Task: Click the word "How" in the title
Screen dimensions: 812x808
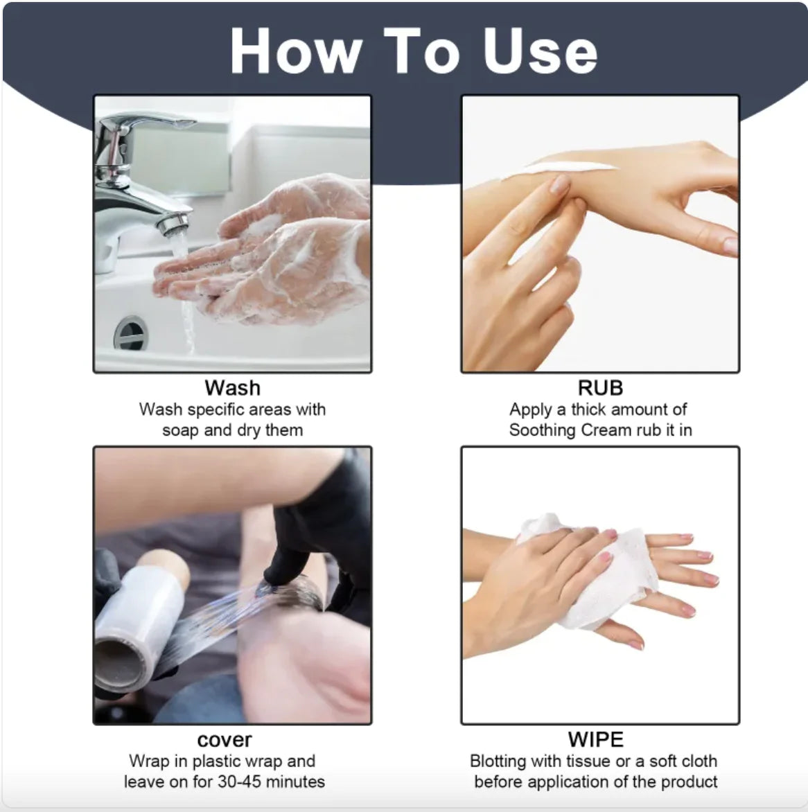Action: click(x=295, y=51)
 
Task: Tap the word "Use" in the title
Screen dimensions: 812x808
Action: click(x=541, y=51)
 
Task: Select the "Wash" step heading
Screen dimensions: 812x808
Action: click(x=232, y=387)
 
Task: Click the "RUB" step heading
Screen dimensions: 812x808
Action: click(x=600, y=387)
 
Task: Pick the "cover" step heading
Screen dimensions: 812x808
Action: click(x=224, y=739)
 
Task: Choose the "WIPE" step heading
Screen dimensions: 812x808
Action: click(x=595, y=739)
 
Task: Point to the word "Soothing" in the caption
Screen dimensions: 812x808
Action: click(x=542, y=430)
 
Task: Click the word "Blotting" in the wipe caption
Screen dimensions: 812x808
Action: click(x=498, y=761)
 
